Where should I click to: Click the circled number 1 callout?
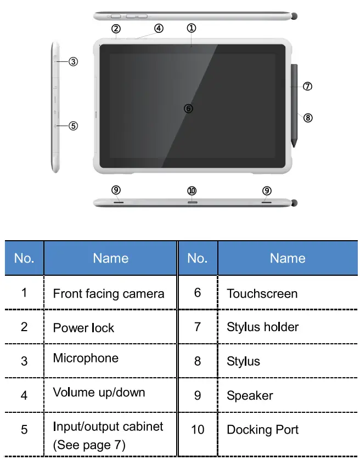coord(191,27)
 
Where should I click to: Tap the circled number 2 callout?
coord(116,29)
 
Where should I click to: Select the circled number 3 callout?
coord(73,62)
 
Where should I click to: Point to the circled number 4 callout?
coord(159,29)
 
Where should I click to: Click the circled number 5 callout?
coord(73,126)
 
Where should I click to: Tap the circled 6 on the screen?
coord(188,109)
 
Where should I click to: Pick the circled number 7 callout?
coord(307,86)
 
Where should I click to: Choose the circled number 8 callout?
coord(308,117)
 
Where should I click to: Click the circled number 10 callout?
coord(192,191)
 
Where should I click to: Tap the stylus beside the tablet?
coord(295,104)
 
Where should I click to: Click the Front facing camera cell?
coord(109,294)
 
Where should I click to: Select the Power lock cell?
coord(83,328)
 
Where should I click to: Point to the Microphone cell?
coord(86,359)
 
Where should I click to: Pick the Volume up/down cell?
coord(99,393)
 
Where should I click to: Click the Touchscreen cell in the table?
coord(262,294)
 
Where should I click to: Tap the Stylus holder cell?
coord(263,327)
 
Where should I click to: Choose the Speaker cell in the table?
coord(250,395)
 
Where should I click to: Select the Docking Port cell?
coord(263,429)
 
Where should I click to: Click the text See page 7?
coord(89,445)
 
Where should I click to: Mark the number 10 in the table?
coord(198,429)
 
